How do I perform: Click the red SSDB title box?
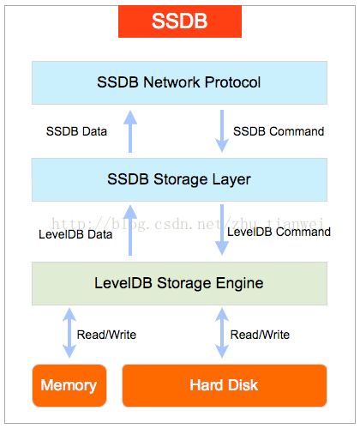point(180,21)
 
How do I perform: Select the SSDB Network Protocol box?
point(179,82)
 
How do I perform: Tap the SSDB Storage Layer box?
point(179,179)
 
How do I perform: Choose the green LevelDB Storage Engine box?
point(179,283)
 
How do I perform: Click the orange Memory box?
point(69,385)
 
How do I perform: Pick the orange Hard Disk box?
point(225,385)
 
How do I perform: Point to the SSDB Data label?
point(76,131)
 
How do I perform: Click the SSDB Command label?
point(279,131)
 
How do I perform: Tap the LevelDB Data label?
point(75,234)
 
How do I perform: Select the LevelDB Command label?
point(279,232)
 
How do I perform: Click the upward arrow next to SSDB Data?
point(130,131)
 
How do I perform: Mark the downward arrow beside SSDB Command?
point(222,131)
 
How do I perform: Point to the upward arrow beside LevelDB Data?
point(130,230)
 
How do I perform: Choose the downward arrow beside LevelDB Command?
point(222,230)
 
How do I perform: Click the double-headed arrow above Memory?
point(69,333)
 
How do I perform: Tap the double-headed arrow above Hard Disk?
point(222,333)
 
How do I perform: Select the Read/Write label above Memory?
point(106,335)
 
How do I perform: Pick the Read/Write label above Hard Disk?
point(260,335)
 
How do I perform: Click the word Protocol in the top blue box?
point(232,82)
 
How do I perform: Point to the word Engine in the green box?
point(239,284)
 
